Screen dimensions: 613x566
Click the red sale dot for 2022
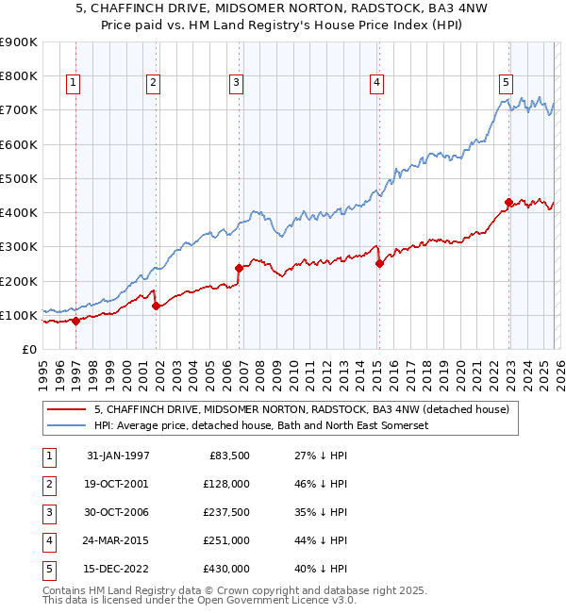(508, 202)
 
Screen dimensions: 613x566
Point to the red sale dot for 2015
(379, 264)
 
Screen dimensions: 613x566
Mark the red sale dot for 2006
(239, 268)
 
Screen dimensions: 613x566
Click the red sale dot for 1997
(76, 321)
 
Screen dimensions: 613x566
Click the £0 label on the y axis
(28, 349)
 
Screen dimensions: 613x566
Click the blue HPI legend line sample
(67, 426)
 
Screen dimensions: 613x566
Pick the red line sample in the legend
(67, 409)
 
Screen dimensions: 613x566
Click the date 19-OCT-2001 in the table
(118, 484)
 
